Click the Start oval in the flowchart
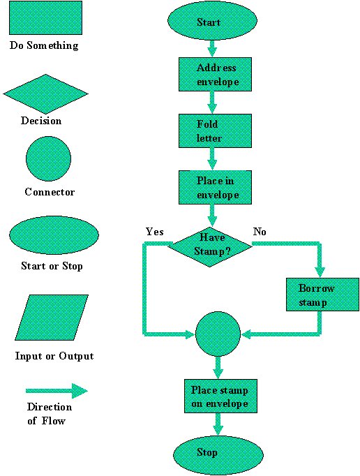[x=209, y=22]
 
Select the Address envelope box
[x=215, y=75]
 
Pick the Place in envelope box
[x=214, y=187]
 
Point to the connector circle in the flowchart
[x=218, y=334]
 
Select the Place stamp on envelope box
[x=219, y=396]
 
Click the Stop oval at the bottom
[x=218, y=453]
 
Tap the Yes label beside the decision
[x=154, y=231]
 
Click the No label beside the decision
[x=260, y=231]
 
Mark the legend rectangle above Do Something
[x=45, y=18]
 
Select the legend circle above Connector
[x=47, y=159]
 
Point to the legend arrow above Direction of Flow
[x=56, y=391]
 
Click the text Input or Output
[x=54, y=356]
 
